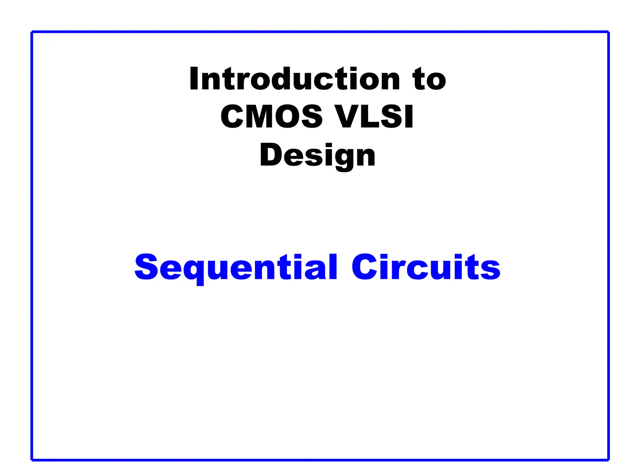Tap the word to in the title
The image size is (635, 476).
click(429, 79)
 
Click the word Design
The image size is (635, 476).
click(317, 156)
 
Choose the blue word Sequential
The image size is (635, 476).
click(236, 267)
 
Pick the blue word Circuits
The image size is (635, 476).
click(426, 267)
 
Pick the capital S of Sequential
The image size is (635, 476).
click(146, 267)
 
